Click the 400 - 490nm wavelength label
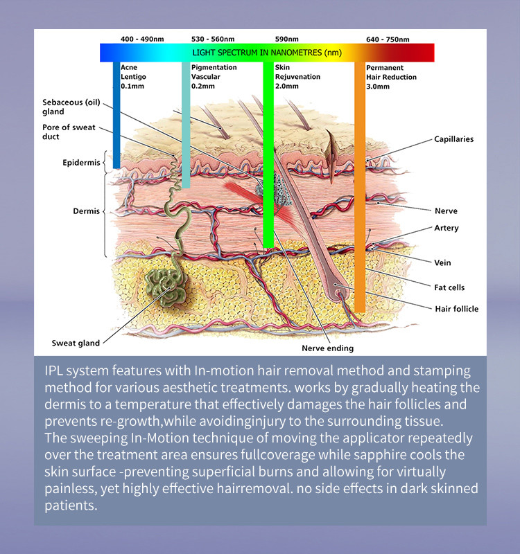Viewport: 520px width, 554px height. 141,39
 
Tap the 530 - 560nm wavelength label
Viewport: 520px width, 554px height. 212,39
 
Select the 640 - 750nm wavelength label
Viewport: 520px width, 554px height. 388,39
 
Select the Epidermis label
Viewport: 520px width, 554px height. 81,163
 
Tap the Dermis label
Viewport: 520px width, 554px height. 87,211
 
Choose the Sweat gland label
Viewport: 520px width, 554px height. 76,343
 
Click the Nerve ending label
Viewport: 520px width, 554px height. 327,348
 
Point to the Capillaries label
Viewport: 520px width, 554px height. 453,139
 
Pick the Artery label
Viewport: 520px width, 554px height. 446,228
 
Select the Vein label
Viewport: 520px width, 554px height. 442,263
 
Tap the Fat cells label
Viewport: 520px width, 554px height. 449,287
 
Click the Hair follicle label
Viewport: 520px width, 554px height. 456,309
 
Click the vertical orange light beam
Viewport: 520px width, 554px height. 359,208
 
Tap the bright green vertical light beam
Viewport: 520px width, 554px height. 268,173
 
